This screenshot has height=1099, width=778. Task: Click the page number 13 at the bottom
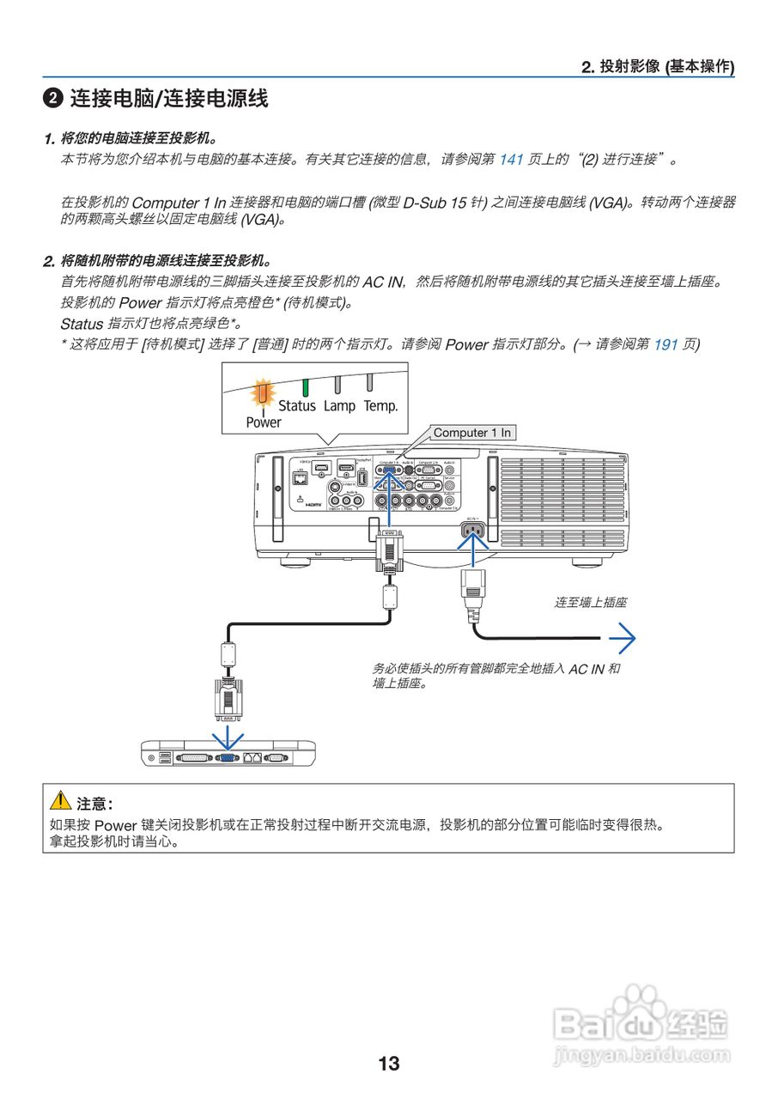(x=388, y=1064)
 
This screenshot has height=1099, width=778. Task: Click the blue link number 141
(x=511, y=160)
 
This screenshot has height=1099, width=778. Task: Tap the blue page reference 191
(x=666, y=345)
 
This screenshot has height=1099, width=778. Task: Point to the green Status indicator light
(x=305, y=386)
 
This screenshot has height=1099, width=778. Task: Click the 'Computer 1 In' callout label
(x=471, y=433)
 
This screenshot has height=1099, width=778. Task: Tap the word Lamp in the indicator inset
(x=339, y=405)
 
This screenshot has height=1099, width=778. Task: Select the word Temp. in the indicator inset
(x=380, y=405)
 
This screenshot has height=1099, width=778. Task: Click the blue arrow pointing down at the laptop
(x=228, y=737)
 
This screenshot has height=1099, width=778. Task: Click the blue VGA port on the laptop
(x=228, y=757)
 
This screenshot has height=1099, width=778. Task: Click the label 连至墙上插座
(x=590, y=603)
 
